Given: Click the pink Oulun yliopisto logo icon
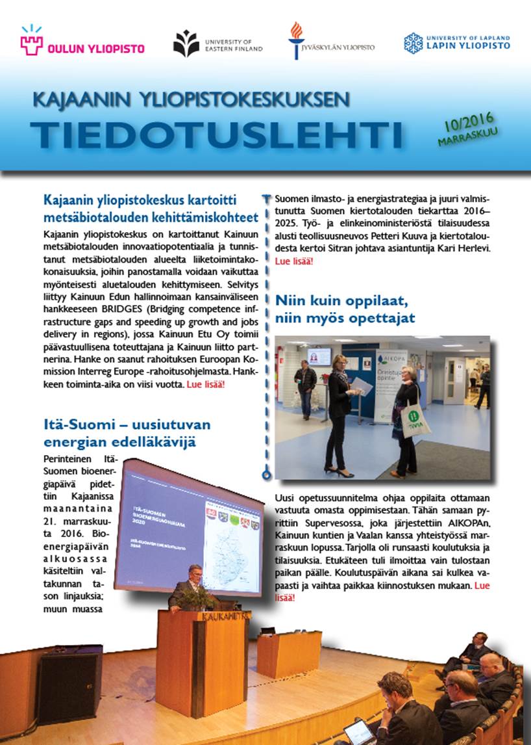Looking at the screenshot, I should [31, 42].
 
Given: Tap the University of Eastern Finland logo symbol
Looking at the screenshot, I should [186, 44].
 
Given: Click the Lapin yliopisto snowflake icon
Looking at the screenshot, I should [414, 43].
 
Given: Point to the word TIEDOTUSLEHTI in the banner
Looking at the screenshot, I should [216, 134].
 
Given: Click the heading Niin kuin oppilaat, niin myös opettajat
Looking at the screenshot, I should [345, 309].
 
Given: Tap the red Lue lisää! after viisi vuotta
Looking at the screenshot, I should [206, 384].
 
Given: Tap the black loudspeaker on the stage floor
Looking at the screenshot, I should [70, 675].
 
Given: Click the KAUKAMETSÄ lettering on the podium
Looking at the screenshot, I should [223, 616].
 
